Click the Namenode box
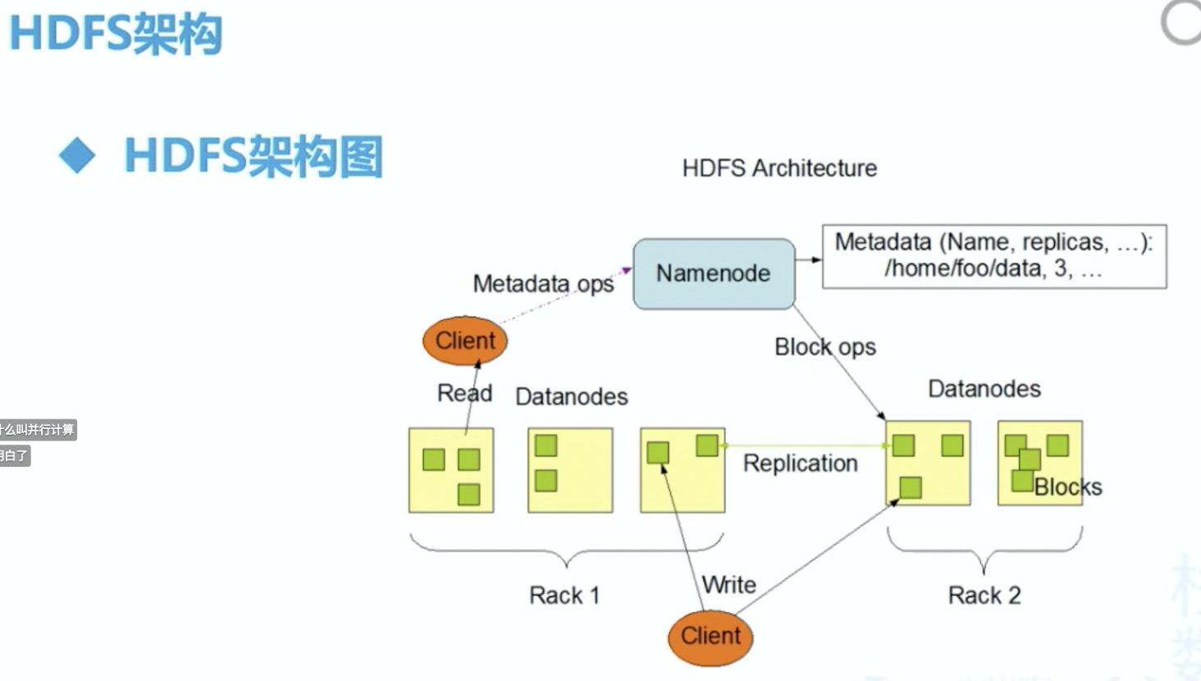[x=713, y=273]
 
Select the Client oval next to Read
[x=464, y=340]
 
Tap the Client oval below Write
[x=710, y=637]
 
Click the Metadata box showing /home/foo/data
[x=993, y=256]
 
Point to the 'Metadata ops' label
[x=543, y=284]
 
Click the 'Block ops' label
[x=824, y=347]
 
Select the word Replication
[x=800, y=464]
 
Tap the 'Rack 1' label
[x=564, y=595]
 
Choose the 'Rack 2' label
[x=984, y=595]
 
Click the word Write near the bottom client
[x=729, y=585]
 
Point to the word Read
[x=464, y=393]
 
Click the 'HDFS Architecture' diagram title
[x=779, y=168]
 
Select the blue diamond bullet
[x=78, y=155]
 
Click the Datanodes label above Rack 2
[x=984, y=389]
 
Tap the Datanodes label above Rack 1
[x=571, y=397]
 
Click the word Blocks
[x=1067, y=487]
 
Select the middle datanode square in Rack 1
[x=570, y=470]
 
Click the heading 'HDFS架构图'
[x=253, y=156]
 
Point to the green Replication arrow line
[x=804, y=446]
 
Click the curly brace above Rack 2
[x=984, y=548]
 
